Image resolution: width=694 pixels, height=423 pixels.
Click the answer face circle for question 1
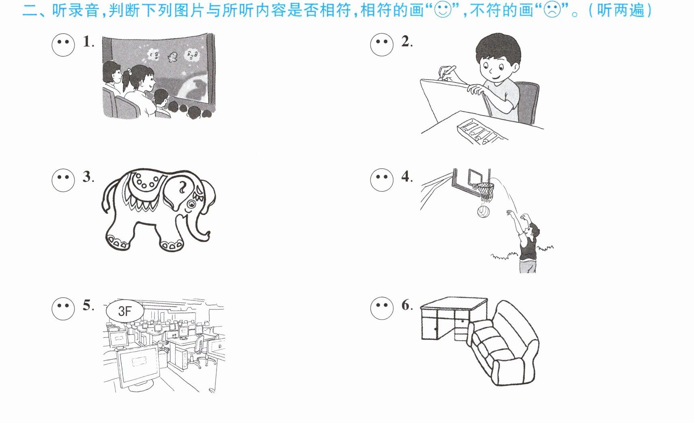point(63,45)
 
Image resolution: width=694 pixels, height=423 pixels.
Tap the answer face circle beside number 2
point(382,45)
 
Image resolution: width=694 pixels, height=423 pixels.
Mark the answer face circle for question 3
point(63,180)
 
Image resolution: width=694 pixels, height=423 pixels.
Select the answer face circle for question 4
point(382,180)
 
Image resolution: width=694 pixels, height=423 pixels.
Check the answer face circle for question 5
point(63,309)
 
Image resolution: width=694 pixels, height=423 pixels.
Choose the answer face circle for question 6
point(382,309)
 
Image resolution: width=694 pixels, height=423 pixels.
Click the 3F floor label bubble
point(125,311)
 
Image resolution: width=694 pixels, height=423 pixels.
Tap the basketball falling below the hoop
point(483,212)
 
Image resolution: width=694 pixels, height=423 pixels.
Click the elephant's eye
point(191,204)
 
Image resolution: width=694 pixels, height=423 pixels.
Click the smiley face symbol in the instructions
point(443,10)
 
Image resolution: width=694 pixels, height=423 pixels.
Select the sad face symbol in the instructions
point(552,10)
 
